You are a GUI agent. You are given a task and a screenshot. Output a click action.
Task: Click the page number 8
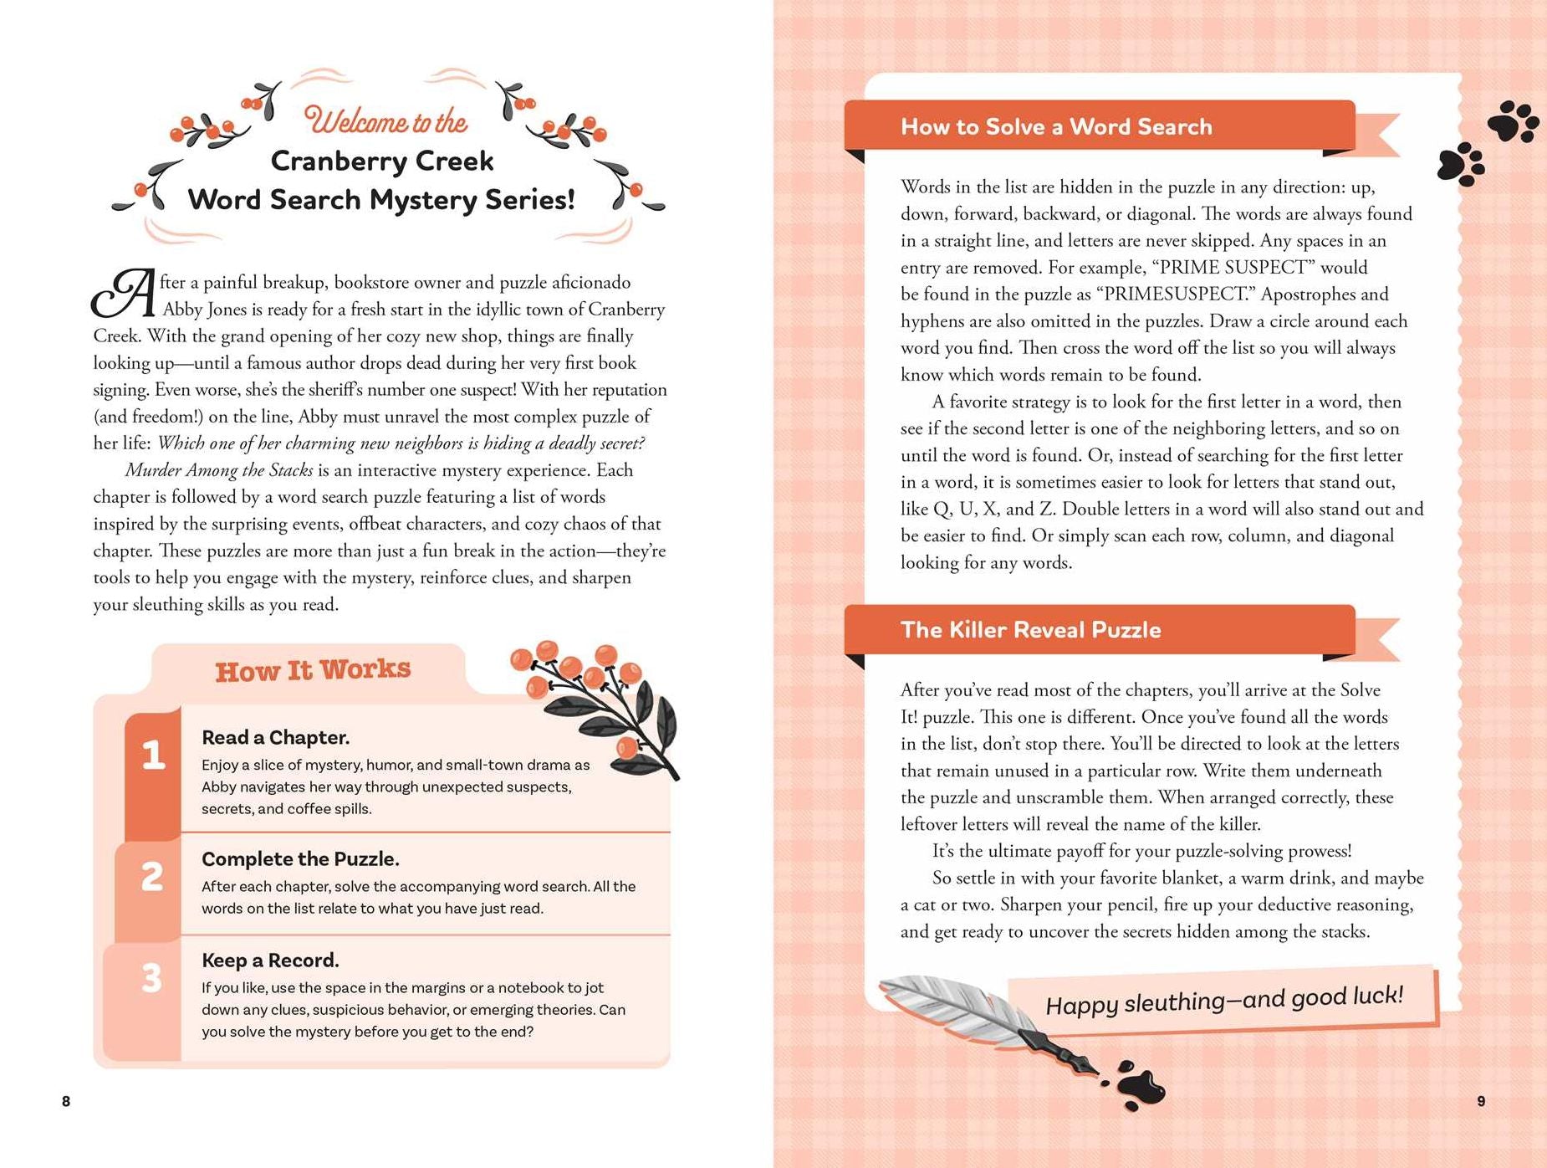[x=66, y=1101]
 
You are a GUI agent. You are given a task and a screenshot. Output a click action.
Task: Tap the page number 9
[x=1481, y=1101]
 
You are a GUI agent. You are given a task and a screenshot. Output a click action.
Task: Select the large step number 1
[x=153, y=755]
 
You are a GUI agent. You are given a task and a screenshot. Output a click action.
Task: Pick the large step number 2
[x=152, y=877]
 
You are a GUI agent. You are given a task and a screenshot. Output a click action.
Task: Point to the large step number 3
[x=151, y=978]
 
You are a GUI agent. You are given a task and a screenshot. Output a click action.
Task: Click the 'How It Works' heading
[x=313, y=670]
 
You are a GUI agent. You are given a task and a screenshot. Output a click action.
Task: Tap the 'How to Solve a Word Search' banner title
[x=1056, y=126]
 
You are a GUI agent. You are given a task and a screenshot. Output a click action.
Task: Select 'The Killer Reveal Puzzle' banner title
[x=1030, y=630]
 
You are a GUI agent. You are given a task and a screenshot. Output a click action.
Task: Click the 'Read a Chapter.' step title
[x=275, y=737]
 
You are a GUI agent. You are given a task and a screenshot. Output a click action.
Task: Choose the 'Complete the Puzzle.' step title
[x=300, y=859]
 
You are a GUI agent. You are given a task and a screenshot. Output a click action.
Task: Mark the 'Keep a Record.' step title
[x=269, y=961]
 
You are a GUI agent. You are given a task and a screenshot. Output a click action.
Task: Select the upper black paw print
[x=1513, y=121]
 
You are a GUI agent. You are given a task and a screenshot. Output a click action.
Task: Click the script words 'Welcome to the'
[x=385, y=121]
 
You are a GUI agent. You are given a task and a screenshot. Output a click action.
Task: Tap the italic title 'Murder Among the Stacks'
[x=219, y=470]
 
